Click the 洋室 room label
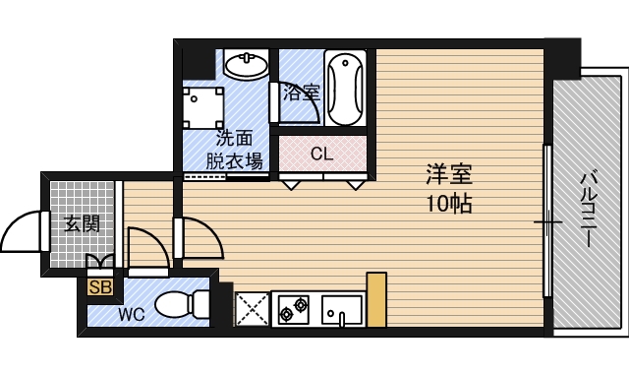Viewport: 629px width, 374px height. [449, 176]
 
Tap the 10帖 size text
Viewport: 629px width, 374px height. [449, 205]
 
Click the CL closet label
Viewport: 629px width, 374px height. [321, 155]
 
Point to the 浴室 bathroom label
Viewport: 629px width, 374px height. [302, 94]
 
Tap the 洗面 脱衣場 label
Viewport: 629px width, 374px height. [233, 151]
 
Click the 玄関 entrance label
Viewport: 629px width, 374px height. [82, 223]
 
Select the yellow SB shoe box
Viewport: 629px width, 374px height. [99, 287]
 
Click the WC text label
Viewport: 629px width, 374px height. [132, 316]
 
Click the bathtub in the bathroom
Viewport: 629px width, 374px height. [346, 89]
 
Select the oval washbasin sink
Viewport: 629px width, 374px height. [246, 66]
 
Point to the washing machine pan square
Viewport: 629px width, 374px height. [203, 107]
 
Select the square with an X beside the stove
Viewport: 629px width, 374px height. [251, 309]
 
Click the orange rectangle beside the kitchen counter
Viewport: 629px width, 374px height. [376, 299]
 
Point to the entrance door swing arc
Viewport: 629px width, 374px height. [22, 233]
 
